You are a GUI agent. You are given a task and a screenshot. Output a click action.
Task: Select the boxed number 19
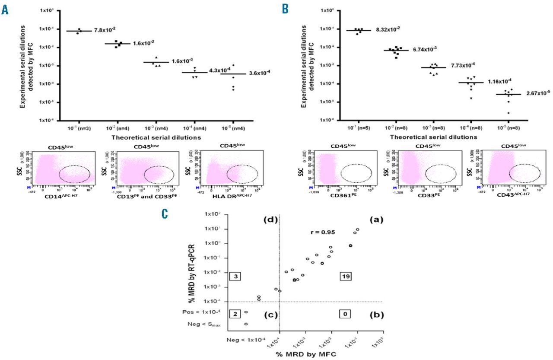[x=345, y=277]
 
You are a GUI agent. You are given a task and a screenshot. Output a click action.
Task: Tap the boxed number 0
[x=345, y=314]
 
